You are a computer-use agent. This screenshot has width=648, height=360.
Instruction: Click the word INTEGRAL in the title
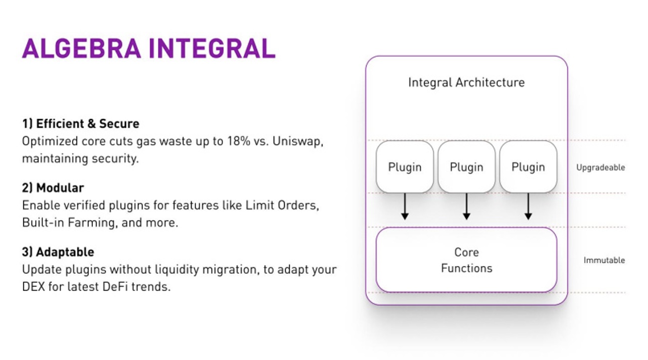pyautogui.click(x=212, y=48)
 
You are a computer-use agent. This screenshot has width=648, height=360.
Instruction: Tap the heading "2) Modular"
pyautogui.click(x=53, y=188)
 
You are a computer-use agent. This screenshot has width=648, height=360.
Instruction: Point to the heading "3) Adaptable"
pyautogui.click(x=58, y=252)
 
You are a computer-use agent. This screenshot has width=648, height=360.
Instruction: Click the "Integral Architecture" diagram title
pyautogui.click(x=466, y=82)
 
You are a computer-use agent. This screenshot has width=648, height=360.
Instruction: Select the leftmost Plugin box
pyautogui.click(x=405, y=167)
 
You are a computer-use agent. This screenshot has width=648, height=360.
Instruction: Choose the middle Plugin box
pyautogui.click(x=467, y=167)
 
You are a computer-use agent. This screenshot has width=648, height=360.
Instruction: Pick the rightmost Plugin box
pyautogui.click(x=528, y=167)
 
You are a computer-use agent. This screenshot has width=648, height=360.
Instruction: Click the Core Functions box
pyautogui.click(x=466, y=260)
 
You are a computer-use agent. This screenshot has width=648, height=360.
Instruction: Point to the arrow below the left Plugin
pyautogui.click(x=405, y=207)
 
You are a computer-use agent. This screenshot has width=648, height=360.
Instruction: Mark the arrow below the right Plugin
pyautogui.click(x=528, y=207)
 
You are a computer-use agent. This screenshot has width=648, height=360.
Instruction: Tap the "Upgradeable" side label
pyautogui.click(x=600, y=168)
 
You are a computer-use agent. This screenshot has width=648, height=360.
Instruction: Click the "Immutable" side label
pyautogui.click(x=604, y=260)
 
